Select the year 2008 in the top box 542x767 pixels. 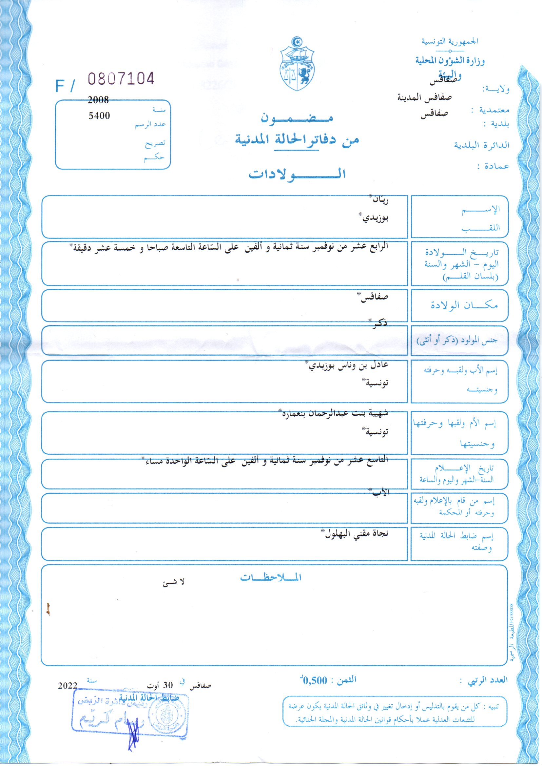[98, 100]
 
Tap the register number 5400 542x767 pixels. [99, 115]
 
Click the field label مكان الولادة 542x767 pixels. [464, 305]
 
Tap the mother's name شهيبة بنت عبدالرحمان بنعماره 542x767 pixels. [333, 413]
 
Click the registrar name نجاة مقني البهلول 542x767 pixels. [357, 533]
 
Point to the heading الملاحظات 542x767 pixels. [271, 578]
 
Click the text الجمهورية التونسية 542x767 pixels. [450, 41]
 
